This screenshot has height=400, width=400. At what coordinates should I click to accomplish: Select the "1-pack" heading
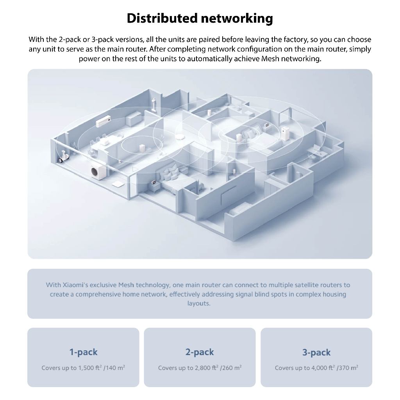pos(83,352)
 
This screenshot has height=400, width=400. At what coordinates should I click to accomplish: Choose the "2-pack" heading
pos(200,352)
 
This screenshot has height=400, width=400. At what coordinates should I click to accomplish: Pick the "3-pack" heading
pos(316,352)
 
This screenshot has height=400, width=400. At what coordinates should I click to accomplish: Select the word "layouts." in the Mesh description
pos(199,304)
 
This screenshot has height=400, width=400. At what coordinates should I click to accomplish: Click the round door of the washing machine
pos(95,172)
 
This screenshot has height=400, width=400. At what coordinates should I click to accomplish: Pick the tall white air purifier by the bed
pos(285,133)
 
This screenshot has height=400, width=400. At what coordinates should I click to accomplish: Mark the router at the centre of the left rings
pos(141,149)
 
